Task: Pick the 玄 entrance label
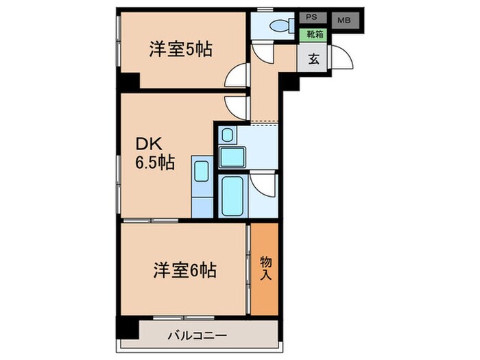click(x=313, y=59)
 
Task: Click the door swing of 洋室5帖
click(x=237, y=75)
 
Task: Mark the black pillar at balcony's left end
click(x=128, y=329)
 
